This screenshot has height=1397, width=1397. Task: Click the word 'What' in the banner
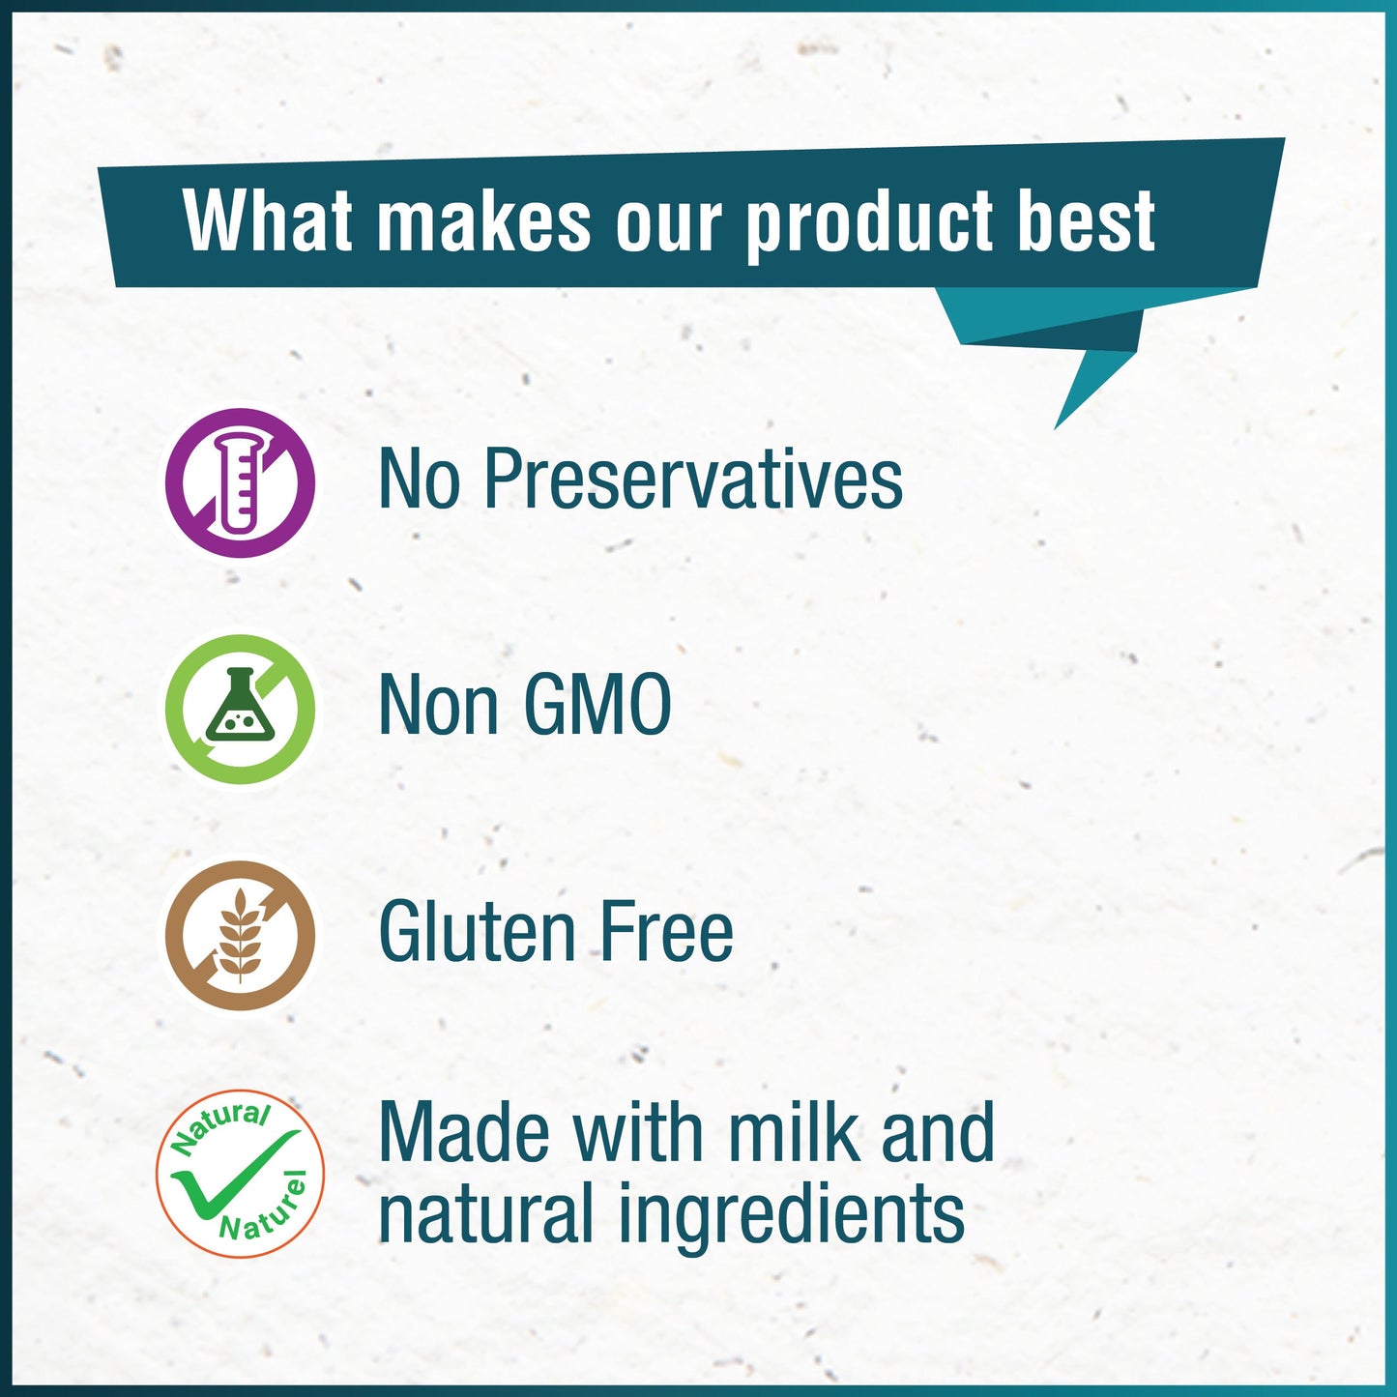tap(268, 220)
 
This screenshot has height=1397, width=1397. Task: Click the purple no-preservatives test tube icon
tap(240, 482)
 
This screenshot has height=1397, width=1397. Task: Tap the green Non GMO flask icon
tap(240, 709)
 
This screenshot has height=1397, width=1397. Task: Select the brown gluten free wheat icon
tap(240, 936)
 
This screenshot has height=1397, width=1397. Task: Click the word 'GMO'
tap(597, 706)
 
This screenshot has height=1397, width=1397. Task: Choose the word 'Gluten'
tap(477, 932)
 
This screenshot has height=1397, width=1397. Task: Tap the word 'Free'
tap(666, 932)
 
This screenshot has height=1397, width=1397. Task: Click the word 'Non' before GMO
tap(439, 706)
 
